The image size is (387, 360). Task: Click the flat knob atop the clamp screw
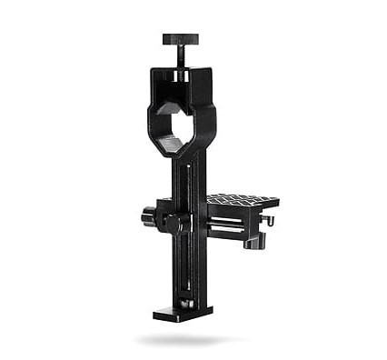tap(180, 39)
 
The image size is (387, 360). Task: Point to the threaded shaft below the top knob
tap(180, 55)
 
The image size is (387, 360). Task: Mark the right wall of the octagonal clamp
tap(206, 118)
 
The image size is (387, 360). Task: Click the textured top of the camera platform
tap(241, 200)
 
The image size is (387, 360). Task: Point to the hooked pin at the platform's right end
tap(270, 221)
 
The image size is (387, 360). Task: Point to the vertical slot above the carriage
tap(189, 177)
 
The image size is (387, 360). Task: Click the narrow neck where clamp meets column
tap(184, 156)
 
